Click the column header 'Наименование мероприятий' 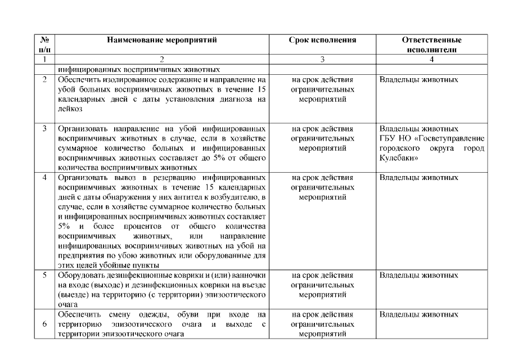(161, 40)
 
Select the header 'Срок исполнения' (323, 40)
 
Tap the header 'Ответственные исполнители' (432, 45)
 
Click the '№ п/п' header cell (44, 45)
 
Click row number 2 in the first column (44, 80)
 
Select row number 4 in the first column (44, 178)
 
